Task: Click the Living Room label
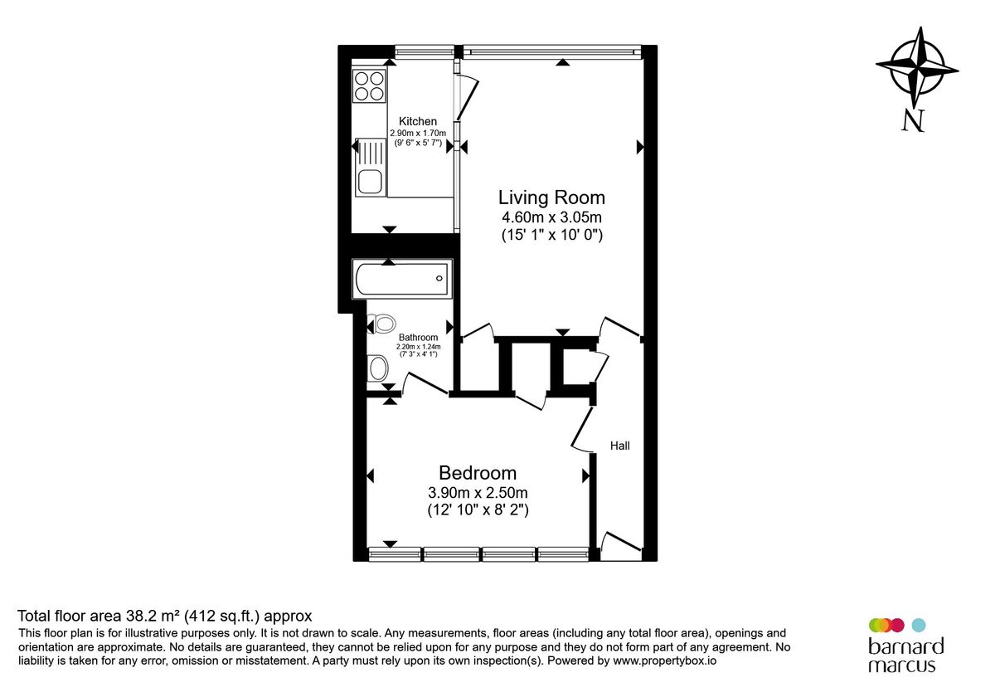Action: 551,197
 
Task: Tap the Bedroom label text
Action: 478,473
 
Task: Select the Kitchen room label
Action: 418,122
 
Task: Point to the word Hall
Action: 620,446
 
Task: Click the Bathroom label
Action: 418,338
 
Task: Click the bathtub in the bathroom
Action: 402,279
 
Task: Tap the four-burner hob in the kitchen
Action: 370,85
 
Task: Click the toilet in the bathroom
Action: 382,323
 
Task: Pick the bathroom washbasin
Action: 377,366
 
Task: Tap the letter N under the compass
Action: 913,121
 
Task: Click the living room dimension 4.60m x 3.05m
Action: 551,218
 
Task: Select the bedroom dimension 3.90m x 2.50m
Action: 478,493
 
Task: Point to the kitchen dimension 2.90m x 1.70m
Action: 418,134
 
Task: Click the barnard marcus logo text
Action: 905,655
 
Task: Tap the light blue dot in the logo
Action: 918,625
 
